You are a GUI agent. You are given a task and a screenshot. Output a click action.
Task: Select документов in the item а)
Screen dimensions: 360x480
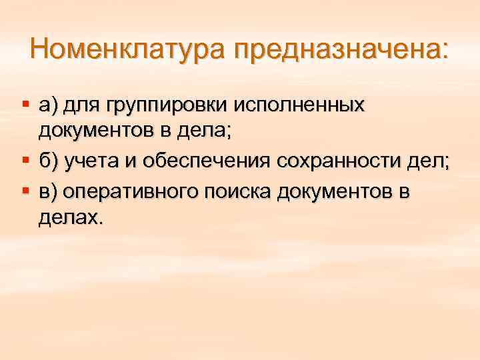(x=95, y=133)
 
